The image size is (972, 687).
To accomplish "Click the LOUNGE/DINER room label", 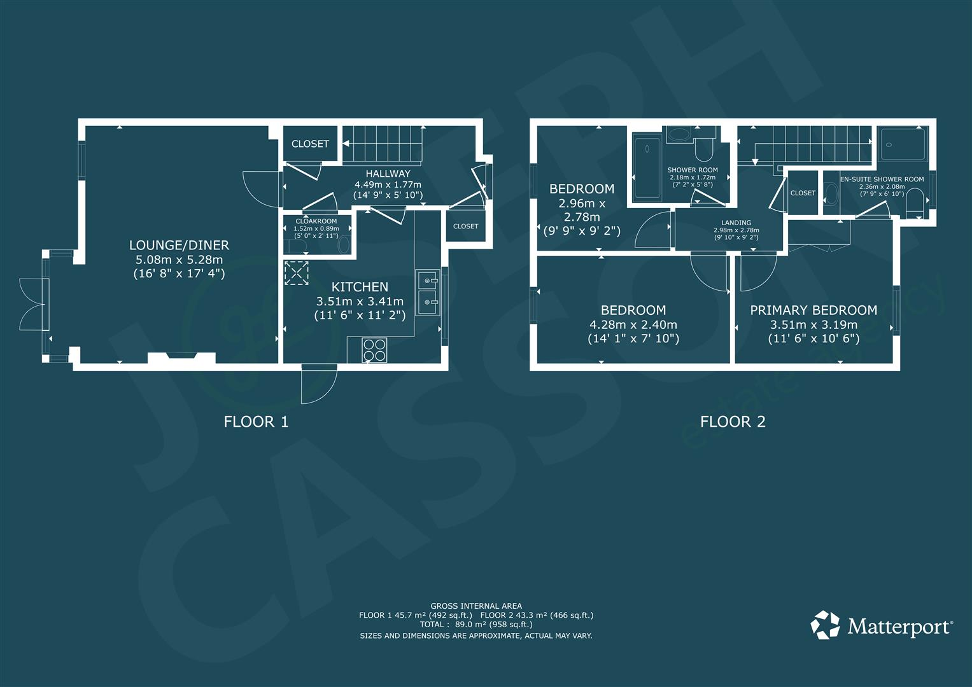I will (x=179, y=245).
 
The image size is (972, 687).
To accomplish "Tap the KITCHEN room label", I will (x=360, y=287).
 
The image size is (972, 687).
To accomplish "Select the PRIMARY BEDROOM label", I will (x=814, y=310).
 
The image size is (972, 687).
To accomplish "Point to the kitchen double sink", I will (x=427, y=292).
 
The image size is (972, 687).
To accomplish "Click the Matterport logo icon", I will (x=825, y=625).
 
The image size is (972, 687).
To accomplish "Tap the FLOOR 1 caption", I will (x=256, y=421).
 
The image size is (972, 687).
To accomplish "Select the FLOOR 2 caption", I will (x=733, y=421).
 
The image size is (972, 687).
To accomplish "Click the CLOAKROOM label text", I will (x=316, y=221).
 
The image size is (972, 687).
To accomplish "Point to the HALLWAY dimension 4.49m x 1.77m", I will (x=388, y=184).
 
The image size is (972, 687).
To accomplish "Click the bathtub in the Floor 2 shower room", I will (x=646, y=166).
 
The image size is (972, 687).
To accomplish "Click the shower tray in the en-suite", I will (x=903, y=144).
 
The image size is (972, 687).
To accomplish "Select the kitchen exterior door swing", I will (x=318, y=385).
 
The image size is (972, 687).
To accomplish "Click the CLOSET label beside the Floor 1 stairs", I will (x=310, y=144).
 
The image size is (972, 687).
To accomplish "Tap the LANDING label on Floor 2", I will (x=736, y=223).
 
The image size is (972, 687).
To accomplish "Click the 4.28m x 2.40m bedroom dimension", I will (x=633, y=324).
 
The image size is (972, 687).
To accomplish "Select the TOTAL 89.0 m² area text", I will (x=477, y=625).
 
